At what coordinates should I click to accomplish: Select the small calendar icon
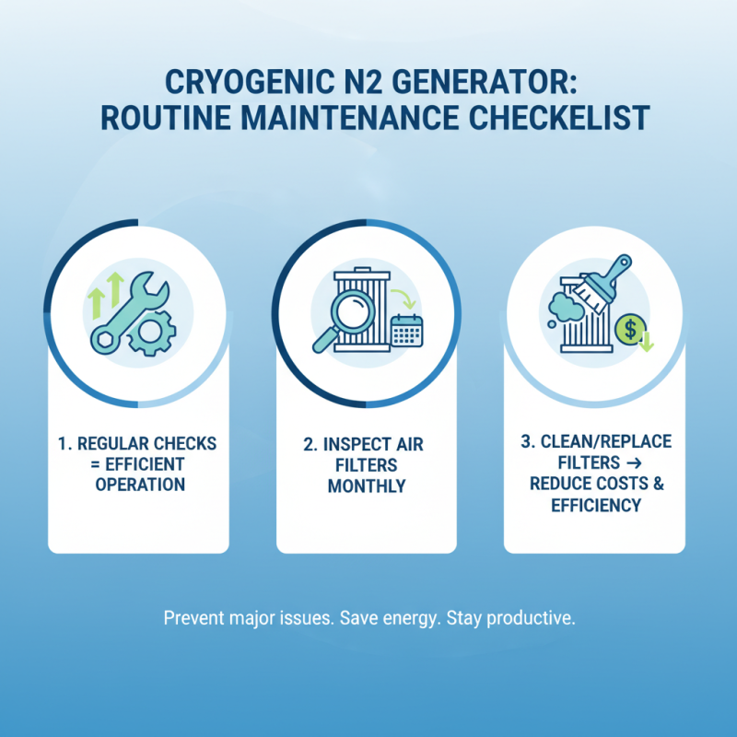405,330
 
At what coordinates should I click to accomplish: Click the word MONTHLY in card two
367,485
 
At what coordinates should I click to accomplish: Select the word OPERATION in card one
140,484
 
